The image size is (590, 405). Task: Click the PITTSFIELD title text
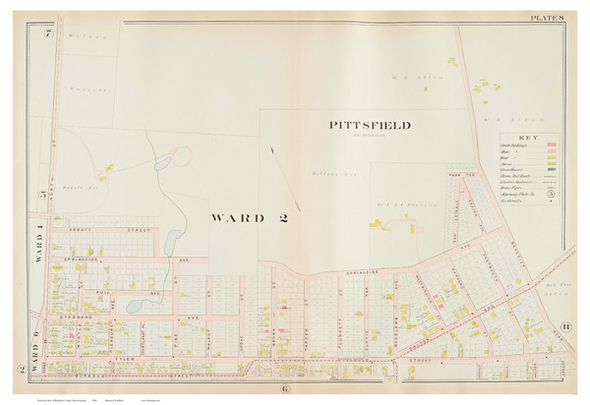point(370,125)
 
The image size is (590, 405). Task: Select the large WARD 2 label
point(252,216)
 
